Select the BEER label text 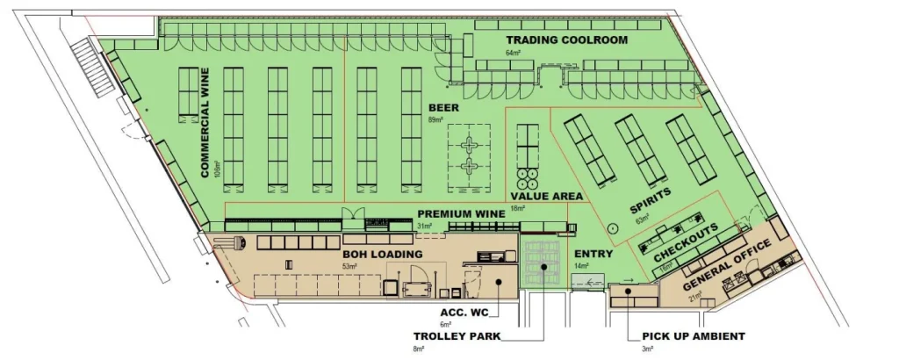point(437,107)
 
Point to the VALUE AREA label point(547,196)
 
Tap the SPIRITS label point(651,202)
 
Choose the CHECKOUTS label point(686,241)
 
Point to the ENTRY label point(593,254)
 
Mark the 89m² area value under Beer point(435,119)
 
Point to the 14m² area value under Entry point(581,265)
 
